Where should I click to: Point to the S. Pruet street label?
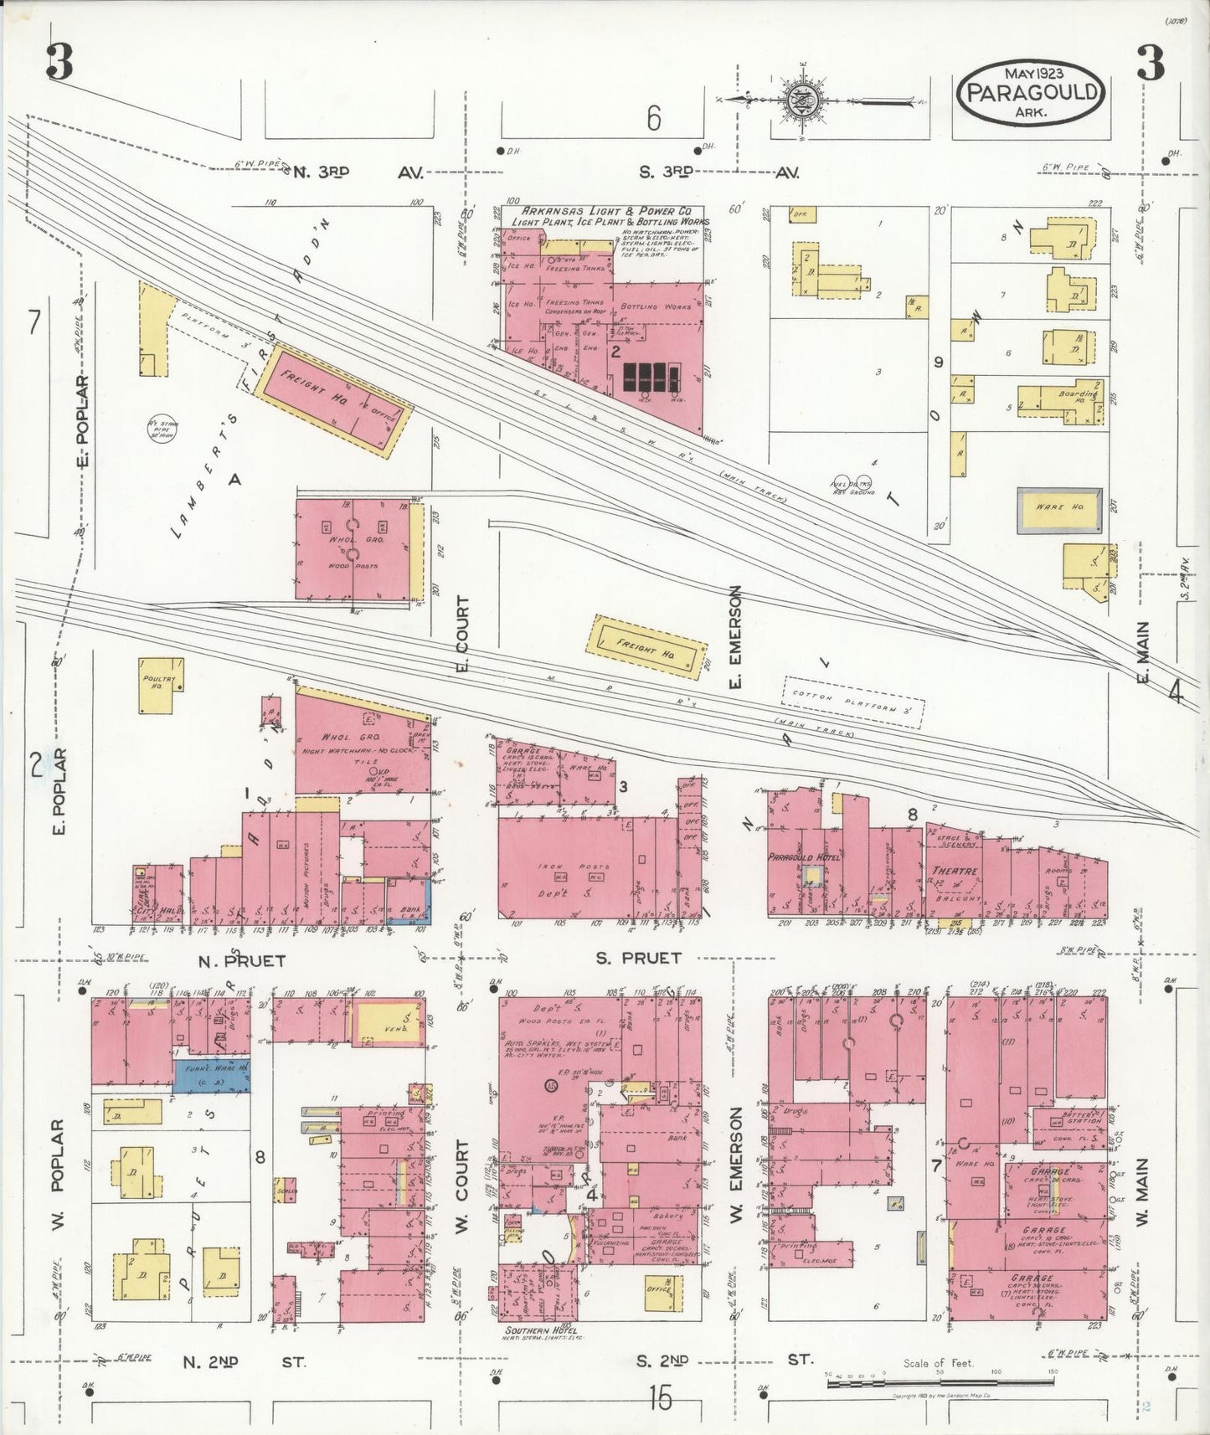pos(638,958)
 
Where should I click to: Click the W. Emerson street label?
pos(736,1165)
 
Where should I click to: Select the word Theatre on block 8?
pos(955,872)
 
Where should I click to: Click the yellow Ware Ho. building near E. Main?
pos(1059,510)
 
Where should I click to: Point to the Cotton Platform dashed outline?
pos(853,700)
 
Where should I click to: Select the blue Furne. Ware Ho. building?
pos(212,1075)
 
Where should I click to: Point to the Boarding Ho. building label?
pos(1078,396)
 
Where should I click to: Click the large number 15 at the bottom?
pos(660,1397)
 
